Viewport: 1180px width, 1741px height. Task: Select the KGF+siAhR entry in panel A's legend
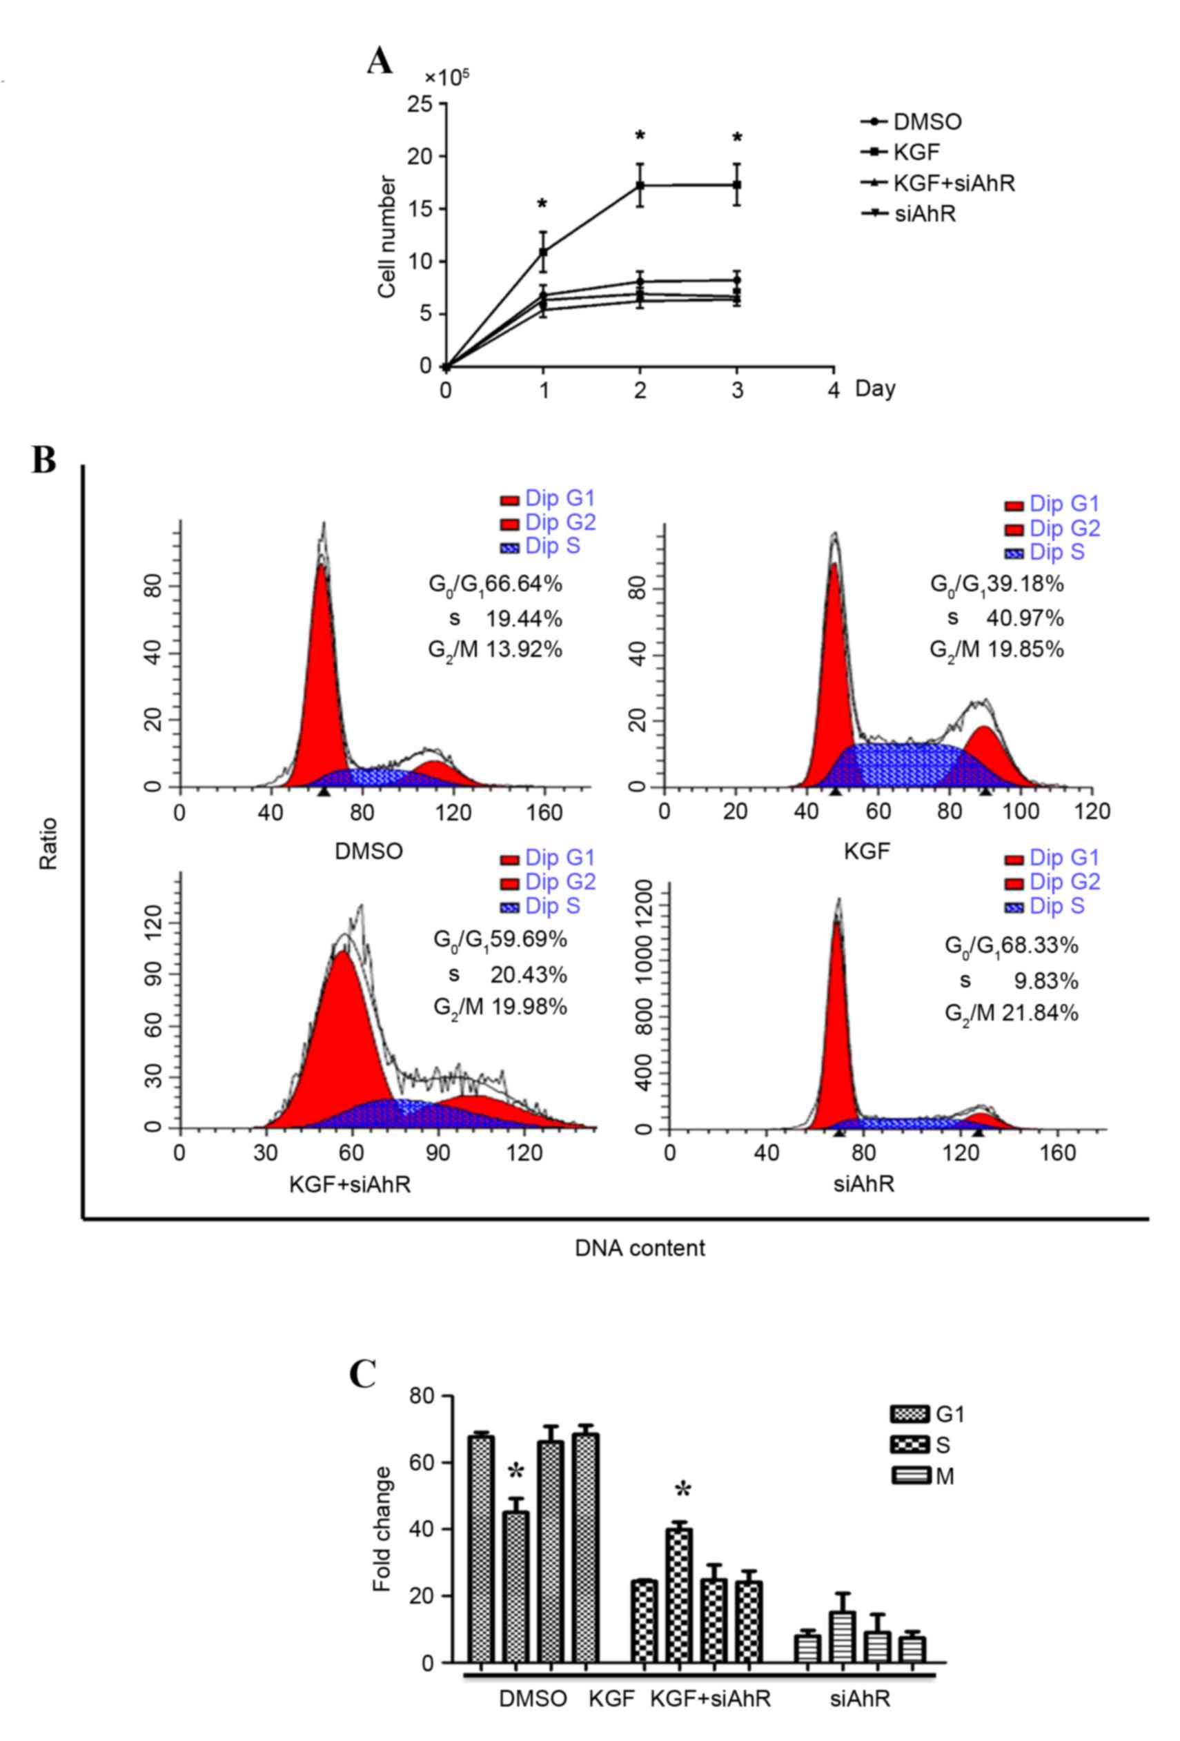pyautogui.click(x=953, y=184)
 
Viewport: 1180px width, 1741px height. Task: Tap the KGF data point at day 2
pyautogui.click(x=640, y=185)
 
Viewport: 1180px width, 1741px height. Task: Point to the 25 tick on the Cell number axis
pyautogui.click(x=421, y=104)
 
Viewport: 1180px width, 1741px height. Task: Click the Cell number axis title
pyautogui.click(x=386, y=237)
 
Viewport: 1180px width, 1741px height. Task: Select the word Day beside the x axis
pyautogui.click(x=875, y=388)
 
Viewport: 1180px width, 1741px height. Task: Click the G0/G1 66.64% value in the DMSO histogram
pyautogui.click(x=495, y=585)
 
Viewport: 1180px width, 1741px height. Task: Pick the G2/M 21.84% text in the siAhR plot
pyautogui.click(x=1011, y=1014)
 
